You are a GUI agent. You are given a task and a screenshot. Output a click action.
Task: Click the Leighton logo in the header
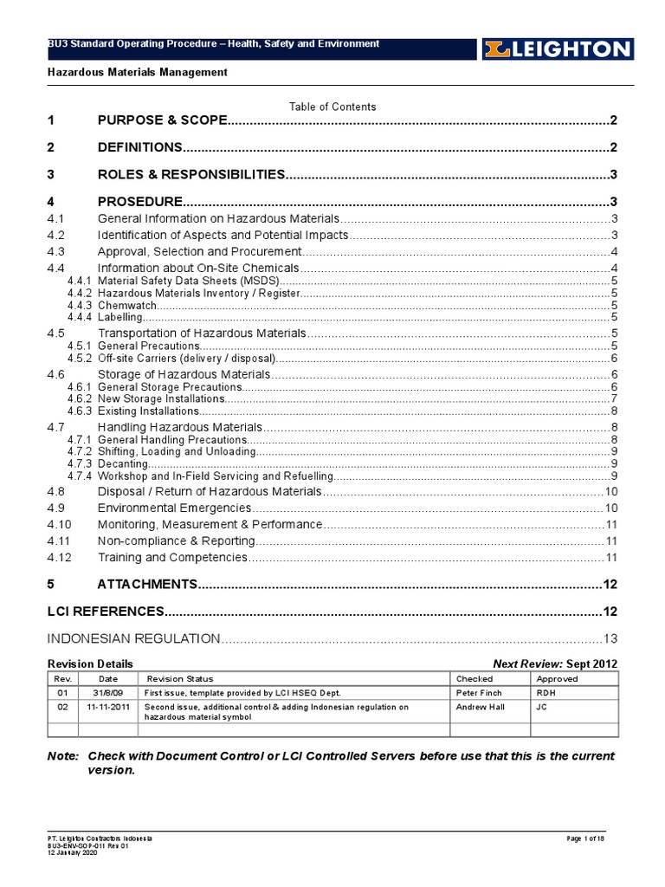click(557, 49)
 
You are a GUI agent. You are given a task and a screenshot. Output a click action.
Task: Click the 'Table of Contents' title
click(332, 107)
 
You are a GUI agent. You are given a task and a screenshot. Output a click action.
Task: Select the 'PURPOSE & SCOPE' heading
click(162, 120)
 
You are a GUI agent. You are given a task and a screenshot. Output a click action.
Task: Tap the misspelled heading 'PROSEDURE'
click(139, 201)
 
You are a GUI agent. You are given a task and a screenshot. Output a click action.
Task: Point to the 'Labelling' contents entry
click(121, 317)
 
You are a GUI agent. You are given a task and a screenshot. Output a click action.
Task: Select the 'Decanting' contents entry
click(123, 463)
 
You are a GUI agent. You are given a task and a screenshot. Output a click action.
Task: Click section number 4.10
click(59, 525)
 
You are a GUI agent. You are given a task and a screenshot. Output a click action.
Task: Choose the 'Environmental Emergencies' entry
click(174, 508)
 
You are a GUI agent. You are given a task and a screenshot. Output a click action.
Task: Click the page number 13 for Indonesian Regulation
click(610, 639)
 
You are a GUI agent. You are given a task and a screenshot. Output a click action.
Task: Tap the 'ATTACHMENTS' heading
click(148, 585)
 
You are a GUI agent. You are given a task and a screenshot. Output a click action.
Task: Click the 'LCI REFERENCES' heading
click(105, 612)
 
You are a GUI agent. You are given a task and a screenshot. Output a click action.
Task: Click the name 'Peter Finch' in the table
click(480, 694)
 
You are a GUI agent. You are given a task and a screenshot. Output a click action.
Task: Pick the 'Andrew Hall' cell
click(481, 707)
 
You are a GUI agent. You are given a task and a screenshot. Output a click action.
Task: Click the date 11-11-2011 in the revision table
click(108, 707)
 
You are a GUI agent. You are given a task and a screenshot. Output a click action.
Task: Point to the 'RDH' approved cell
click(546, 694)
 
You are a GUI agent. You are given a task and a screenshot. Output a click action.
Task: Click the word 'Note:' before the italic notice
click(62, 756)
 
